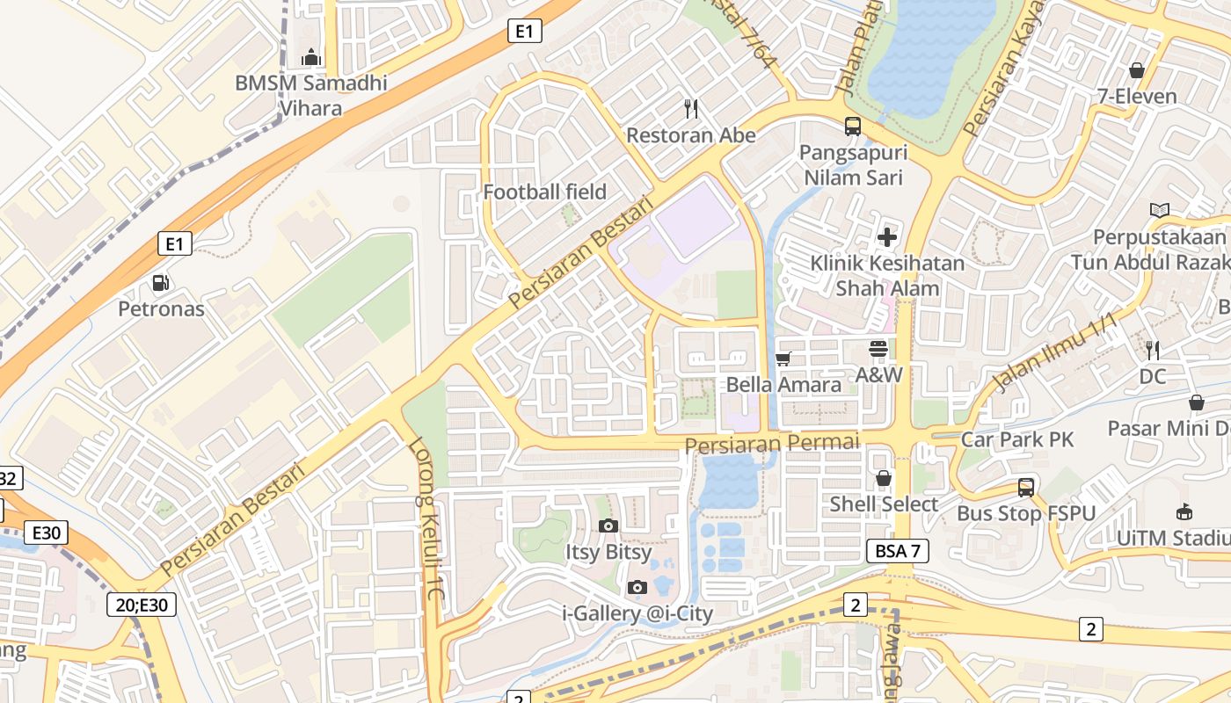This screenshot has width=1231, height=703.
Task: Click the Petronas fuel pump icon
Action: point(161,283)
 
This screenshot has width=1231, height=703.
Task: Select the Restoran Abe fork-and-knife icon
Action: point(691,109)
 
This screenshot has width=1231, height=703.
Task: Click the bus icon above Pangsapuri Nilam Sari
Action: point(853,126)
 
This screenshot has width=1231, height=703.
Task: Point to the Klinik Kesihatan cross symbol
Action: point(887,236)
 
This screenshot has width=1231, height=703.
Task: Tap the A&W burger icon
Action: point(878,349)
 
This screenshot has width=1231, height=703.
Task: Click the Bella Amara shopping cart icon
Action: point(783,359)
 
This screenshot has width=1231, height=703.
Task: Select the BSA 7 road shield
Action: point(897,551)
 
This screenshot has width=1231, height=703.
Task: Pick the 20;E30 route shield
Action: point(142,605)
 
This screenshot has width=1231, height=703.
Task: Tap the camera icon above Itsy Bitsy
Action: point(608,525)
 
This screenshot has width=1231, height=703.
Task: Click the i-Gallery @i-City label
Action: point(637,613)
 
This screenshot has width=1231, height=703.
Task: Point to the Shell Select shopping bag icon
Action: point(884,478)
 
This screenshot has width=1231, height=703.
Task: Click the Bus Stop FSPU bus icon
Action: point(1025,487)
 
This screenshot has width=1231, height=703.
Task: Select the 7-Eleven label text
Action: point(1137,97)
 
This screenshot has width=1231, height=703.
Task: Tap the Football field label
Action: point(545,192)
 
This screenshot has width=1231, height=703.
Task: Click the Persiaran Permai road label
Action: point(771,444)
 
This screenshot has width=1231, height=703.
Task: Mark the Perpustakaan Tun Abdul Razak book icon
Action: point(1160,210)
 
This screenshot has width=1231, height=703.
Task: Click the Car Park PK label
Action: point(1017,439)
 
